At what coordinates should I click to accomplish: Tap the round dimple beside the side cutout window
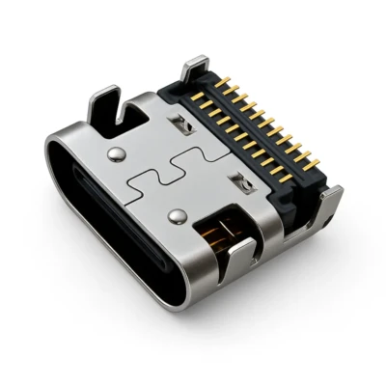(x=179, y=213)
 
